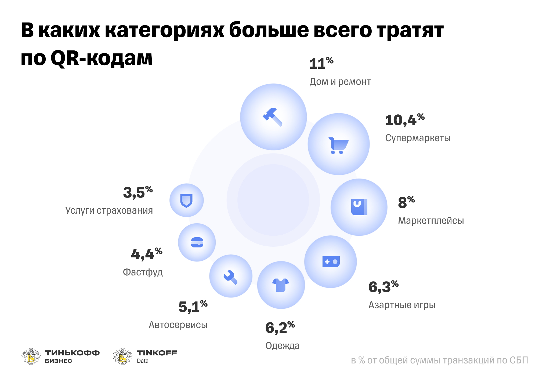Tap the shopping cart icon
[x=338, y=145]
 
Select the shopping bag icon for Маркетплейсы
[x=359, y=207]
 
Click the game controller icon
[x=331, y=261]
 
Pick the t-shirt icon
[x=281, y=285]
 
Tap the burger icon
[x=197, y=242]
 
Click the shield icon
[x=186, y=201]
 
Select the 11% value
[x=321, y=64]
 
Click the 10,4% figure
[x=404, y=120]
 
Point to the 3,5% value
[x=138, y=192]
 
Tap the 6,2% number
[x=280, y=327]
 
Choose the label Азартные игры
[x=402, y=305]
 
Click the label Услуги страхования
[x=109, y=210]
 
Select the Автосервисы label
[x=178, y=325]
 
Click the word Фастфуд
[x=143, y=272]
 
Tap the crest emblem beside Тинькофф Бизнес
[x=31, y=356]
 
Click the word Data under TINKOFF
[x=143, y=361]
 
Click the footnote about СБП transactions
[x=439, y=360]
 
